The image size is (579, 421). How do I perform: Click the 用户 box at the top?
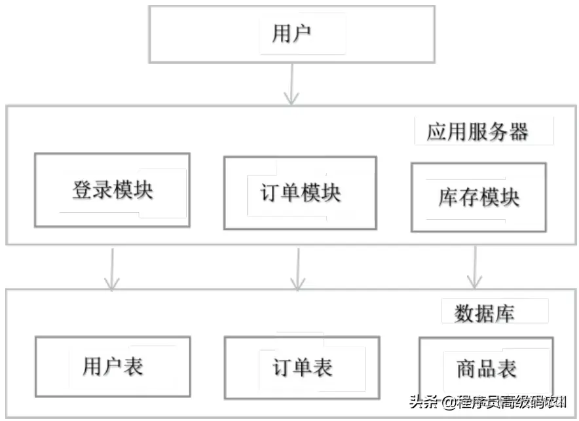point(292,34)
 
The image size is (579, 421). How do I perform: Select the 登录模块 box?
point(112,191)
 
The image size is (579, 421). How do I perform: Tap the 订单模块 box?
point(300,193)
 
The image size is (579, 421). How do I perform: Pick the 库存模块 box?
point(478,197)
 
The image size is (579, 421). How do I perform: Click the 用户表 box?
point(112,367)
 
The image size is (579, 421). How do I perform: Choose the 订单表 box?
point(301,367)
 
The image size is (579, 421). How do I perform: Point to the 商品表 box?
point(485,368)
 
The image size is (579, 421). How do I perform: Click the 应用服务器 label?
point(477,132)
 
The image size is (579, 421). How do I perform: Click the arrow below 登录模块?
point(112,268)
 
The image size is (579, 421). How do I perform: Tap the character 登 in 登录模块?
point(82,191)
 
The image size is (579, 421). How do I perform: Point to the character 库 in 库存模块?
point(448,197)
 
